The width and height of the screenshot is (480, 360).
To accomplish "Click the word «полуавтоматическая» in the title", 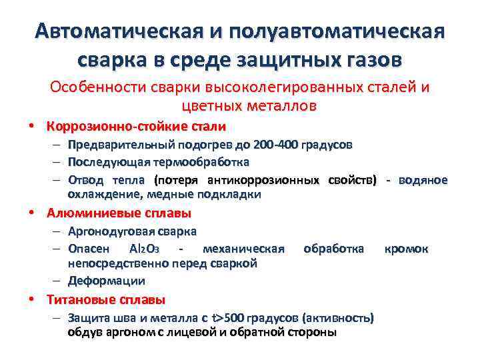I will click(339, 33).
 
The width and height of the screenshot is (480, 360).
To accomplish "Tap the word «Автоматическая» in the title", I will click(119, 33).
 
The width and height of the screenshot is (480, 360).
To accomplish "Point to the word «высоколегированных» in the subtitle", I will click(263, 87).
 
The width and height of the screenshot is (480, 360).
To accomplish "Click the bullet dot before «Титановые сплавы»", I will click(31, 300).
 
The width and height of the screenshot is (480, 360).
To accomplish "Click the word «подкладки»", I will click(231, 195).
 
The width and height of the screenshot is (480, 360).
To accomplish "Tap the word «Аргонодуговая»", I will click(107, 231).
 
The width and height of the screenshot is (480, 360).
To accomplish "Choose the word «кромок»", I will click(406, 249).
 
